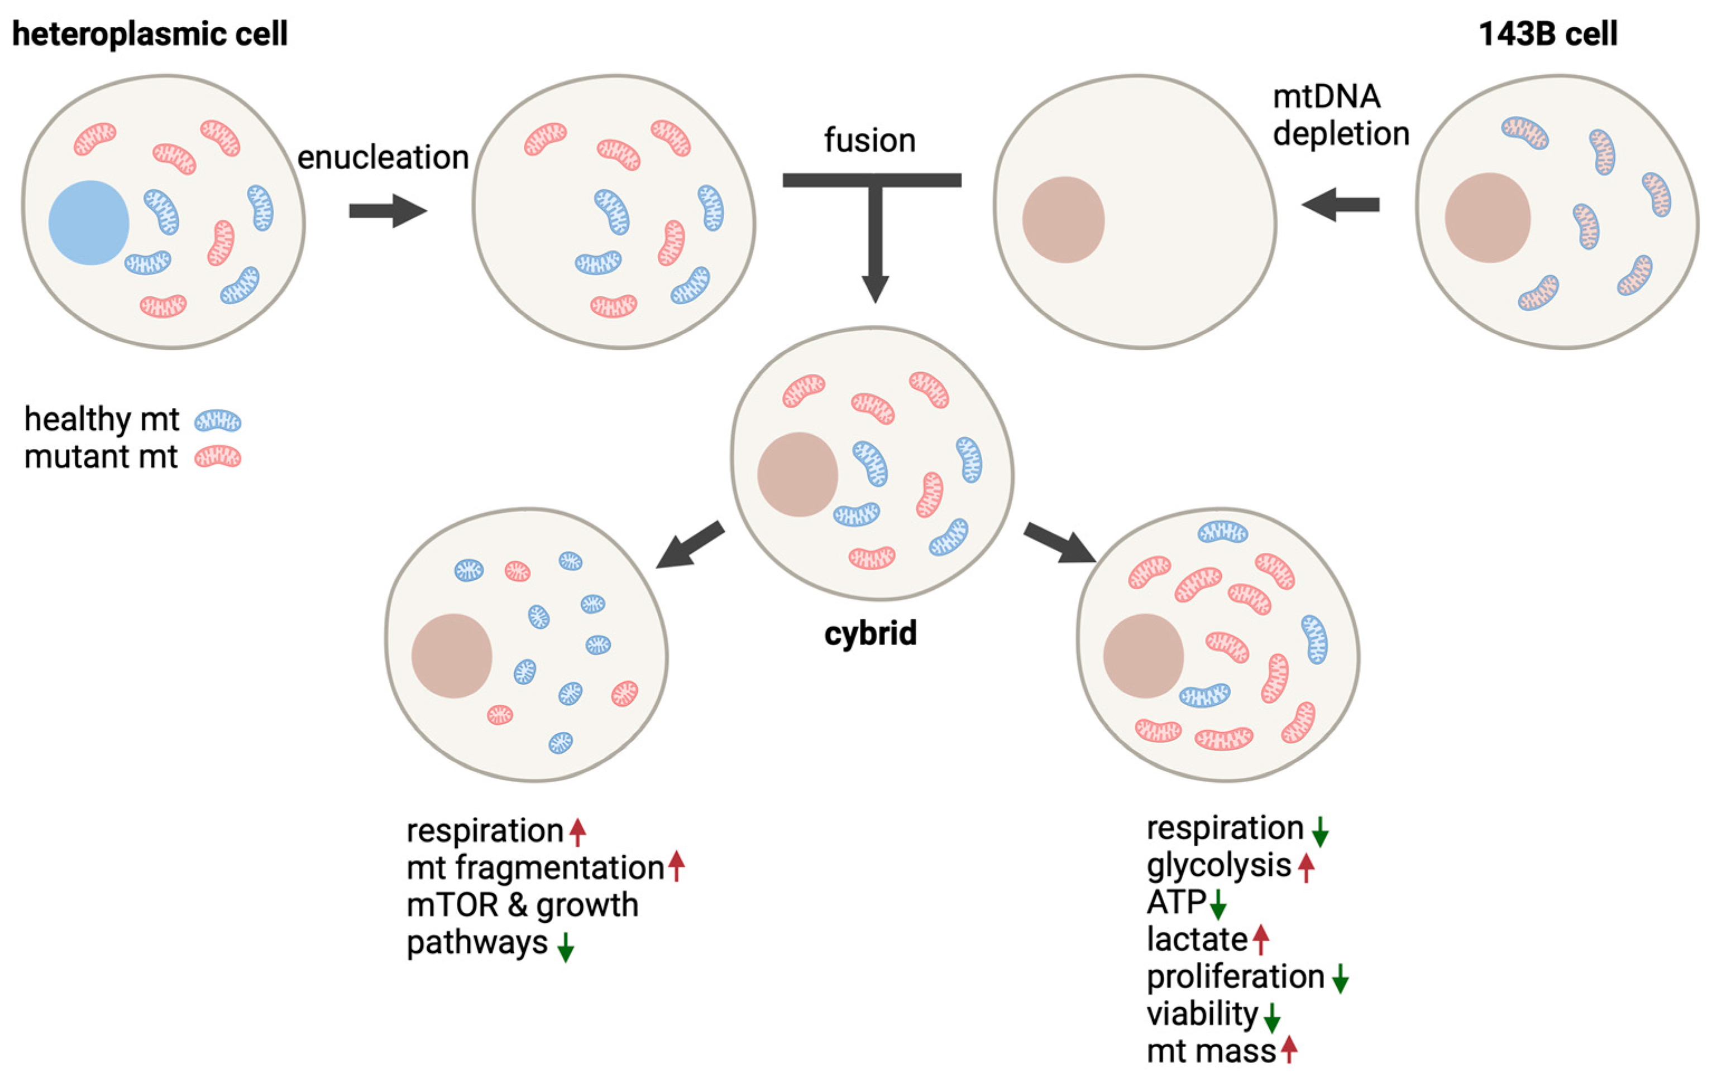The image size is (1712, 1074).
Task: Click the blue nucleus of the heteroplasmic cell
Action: point(89,222)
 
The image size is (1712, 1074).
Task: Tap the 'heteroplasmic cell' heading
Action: point(150,33)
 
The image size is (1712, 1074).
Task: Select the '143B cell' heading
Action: point(1547,33)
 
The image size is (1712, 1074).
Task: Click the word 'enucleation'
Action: point(382,157)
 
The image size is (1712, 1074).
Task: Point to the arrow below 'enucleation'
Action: point(388,210)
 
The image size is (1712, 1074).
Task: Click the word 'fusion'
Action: point(870,140)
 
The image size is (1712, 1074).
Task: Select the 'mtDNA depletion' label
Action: point(1340,115)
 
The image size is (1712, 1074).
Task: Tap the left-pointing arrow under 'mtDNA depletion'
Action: point(1340,205)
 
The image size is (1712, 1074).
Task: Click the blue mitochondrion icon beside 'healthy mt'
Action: point(218,421)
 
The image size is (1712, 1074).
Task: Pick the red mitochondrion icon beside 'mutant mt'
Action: point(218,457)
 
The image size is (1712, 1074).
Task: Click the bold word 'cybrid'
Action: point(871,632)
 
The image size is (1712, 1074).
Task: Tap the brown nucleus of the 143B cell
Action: point(1488,218)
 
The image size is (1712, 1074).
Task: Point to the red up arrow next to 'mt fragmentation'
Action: point(677,866)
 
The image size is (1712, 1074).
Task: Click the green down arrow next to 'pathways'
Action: point(566,947)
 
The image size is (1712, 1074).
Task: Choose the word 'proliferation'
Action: point(1235,977)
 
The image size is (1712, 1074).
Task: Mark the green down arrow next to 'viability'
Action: point(1272,1017)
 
